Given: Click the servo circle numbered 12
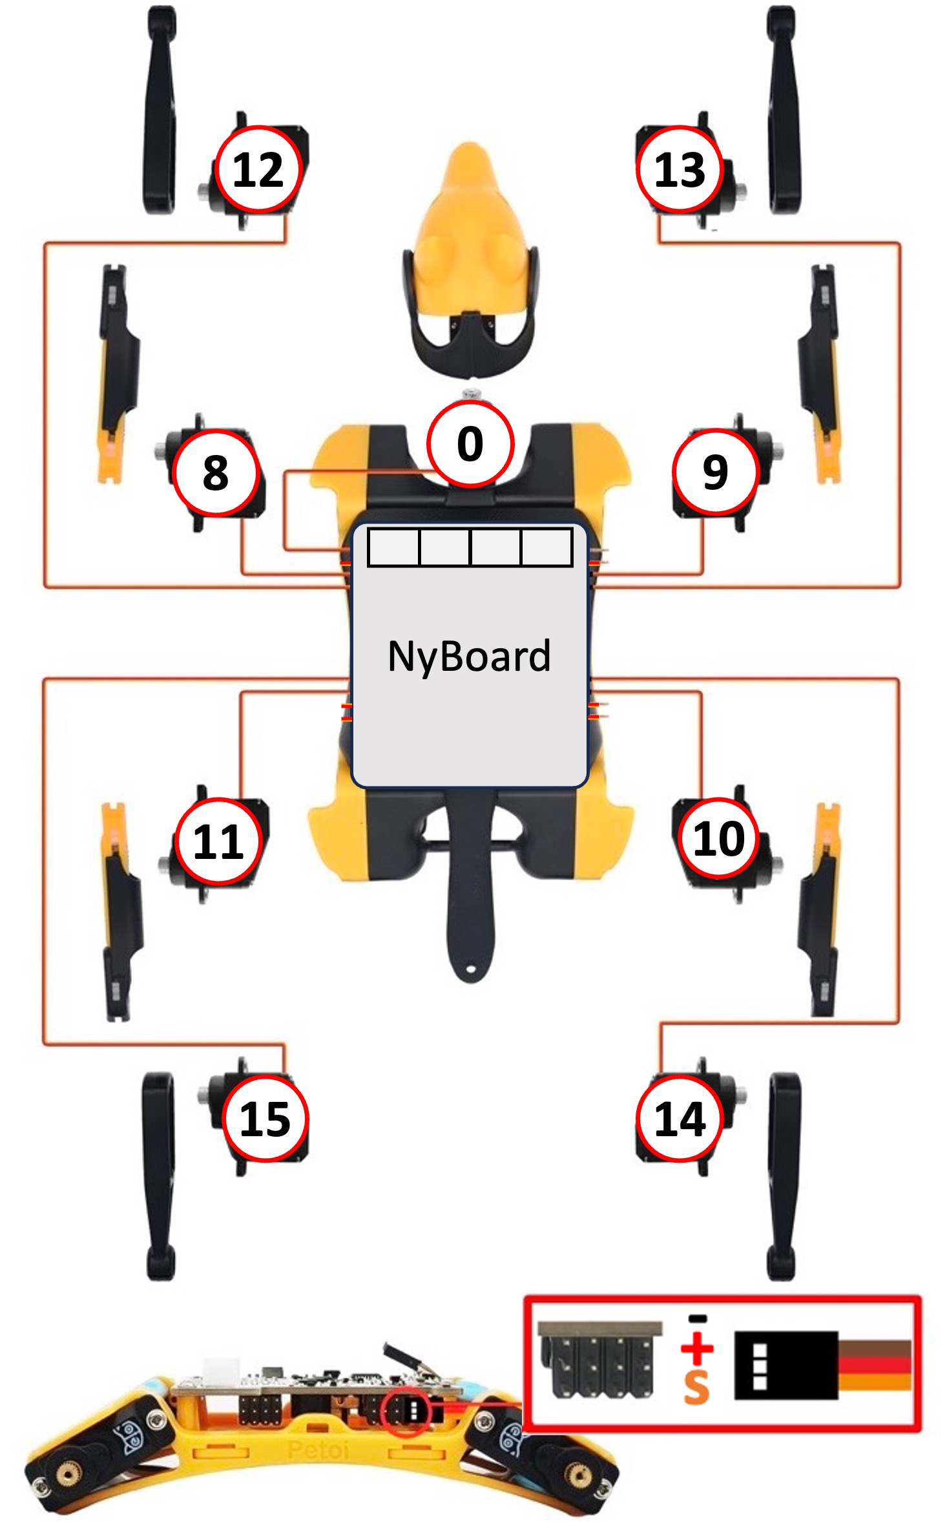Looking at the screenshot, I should pyautogui.click(x=258, y=169).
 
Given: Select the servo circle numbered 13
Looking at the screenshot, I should pyautogui.click(x=679, y=169).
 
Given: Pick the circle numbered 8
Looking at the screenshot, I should pyautogui.click(x=216, y=472).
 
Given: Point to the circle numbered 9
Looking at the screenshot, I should pyautogui.click(x=715, y=472).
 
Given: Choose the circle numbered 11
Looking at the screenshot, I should pyautogui.click(x=219, y=841).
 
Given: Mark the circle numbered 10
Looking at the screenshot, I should pyautogui.click(x=718, y=838).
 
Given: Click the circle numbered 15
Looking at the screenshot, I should pyautogui.click(x=265, y=1119).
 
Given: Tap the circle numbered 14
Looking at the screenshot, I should pyautogui.click(x=679, y=1119).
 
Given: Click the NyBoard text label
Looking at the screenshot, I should pyautogui.click(x=470, y=657).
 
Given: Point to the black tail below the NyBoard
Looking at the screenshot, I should pyautogui.click(x=470, y=905).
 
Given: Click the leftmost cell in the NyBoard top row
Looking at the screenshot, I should pyautogui.click(x=393, y=547).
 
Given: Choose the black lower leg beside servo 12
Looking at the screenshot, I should pyautogui.click(x=160, y=110).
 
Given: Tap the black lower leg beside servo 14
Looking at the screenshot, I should pyautogui.click(x=784, y=1176).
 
